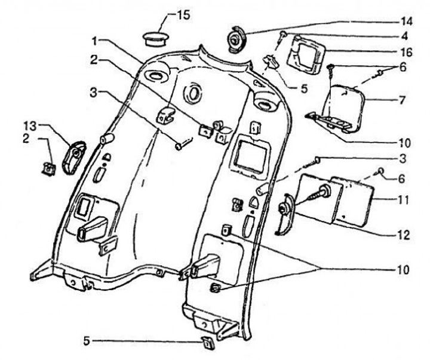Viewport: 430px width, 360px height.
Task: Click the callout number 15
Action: (x=183, y=15)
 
